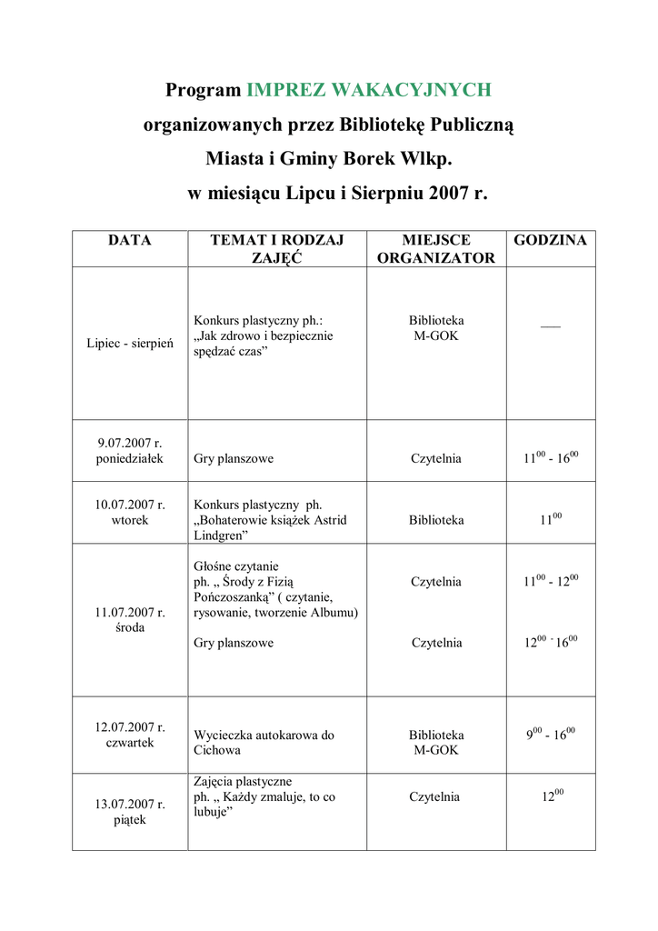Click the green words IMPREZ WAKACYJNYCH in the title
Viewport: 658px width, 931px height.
(369, 90)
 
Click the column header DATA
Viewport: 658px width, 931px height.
(129, 241)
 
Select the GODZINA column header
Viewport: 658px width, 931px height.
(550, 241)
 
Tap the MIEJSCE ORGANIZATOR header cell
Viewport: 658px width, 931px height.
(436, 249)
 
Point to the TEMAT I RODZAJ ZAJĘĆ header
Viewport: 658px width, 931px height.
(276, 249)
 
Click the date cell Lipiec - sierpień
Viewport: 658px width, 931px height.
(129, 344)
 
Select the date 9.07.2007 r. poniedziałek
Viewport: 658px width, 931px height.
(129, 451)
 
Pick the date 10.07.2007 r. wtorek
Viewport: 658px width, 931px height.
(129, 512)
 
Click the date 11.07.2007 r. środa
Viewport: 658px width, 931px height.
(129, 620)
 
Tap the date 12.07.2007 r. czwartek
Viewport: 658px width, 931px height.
(129, 735)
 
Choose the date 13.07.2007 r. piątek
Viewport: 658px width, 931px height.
(129, 812)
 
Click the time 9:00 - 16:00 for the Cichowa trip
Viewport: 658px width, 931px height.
(550, 734)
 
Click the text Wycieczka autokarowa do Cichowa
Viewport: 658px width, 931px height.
(264, 742)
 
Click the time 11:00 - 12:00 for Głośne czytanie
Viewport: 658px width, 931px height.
(550, 580)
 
